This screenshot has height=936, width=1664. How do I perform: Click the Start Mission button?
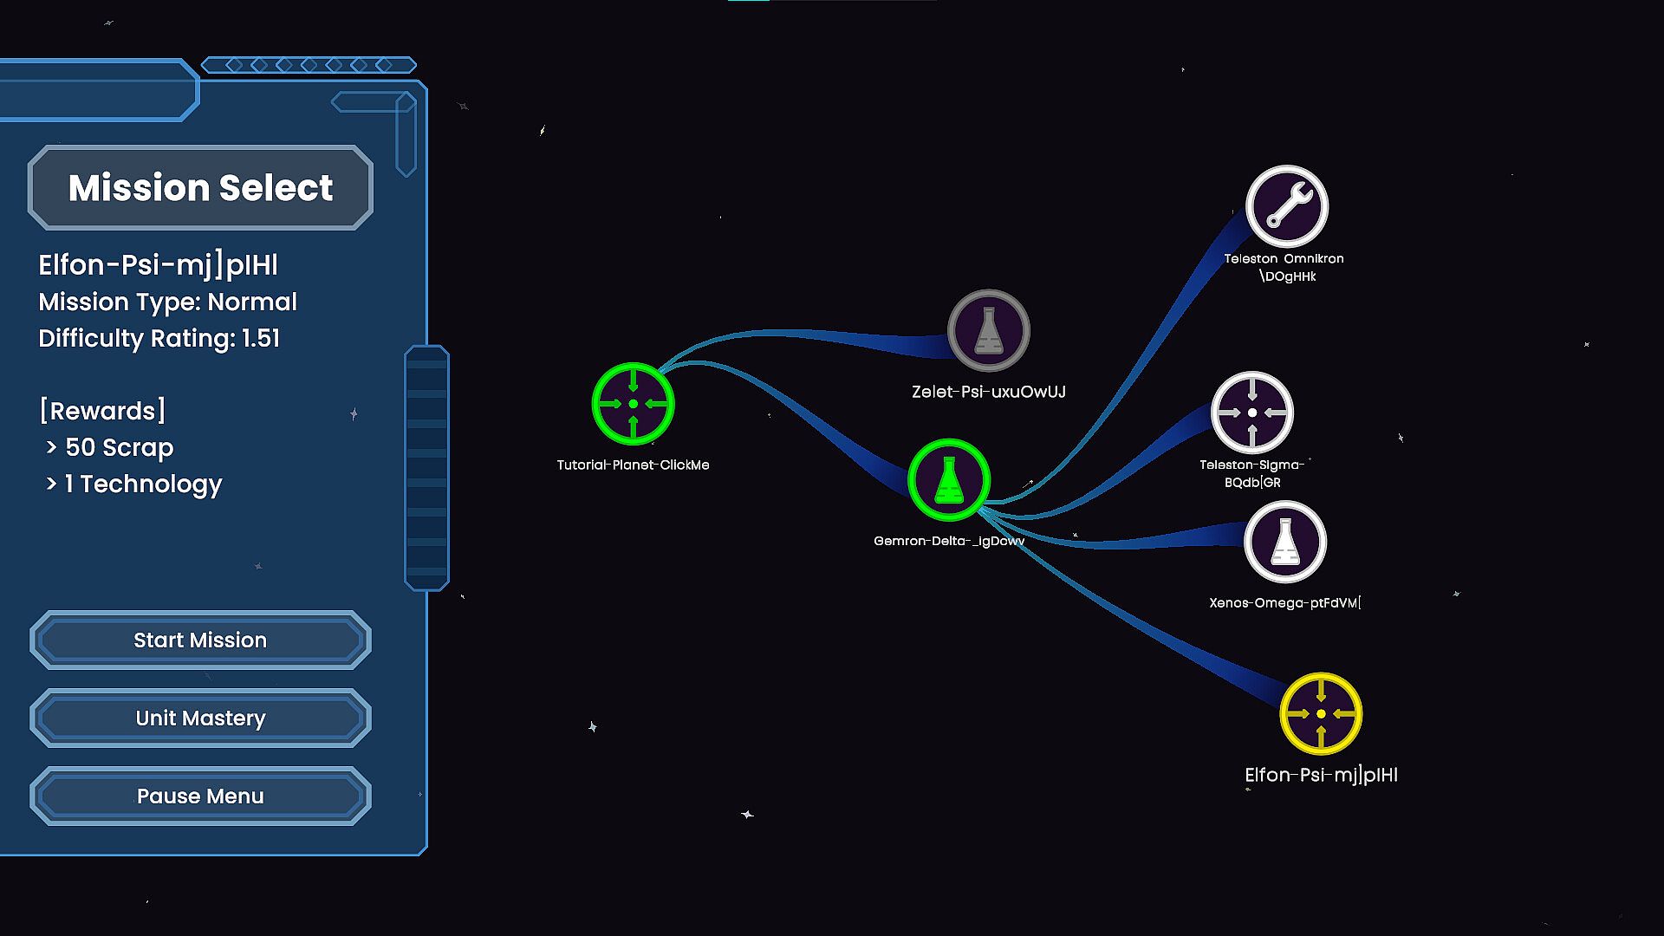200,640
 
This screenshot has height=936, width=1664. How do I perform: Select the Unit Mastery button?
200,718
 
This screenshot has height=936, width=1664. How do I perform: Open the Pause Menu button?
200,796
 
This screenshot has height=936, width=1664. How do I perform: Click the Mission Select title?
200,187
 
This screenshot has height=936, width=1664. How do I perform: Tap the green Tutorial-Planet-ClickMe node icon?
633,404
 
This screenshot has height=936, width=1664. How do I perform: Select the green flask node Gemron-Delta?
949,480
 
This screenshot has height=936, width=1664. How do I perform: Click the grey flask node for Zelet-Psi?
989,331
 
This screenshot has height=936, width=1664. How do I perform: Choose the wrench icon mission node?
1287,207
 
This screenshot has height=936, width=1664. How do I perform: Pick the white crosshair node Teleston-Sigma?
1252,413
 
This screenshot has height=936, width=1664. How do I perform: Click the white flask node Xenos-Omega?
1285,543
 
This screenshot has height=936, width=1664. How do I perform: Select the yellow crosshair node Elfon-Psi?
1321,714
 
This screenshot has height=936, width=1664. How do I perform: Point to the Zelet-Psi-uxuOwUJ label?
989,392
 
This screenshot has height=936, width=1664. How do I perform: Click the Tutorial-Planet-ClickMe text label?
633,465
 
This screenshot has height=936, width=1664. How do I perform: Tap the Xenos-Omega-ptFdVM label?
1284,603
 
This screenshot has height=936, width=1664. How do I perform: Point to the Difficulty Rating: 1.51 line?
159,338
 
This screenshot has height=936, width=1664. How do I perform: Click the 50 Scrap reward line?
119,447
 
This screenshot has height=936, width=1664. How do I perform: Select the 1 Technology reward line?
143,484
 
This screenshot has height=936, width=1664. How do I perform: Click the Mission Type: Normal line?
167,302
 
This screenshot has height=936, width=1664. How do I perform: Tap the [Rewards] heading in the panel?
102,410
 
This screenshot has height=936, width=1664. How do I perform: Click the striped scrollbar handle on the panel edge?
426,468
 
